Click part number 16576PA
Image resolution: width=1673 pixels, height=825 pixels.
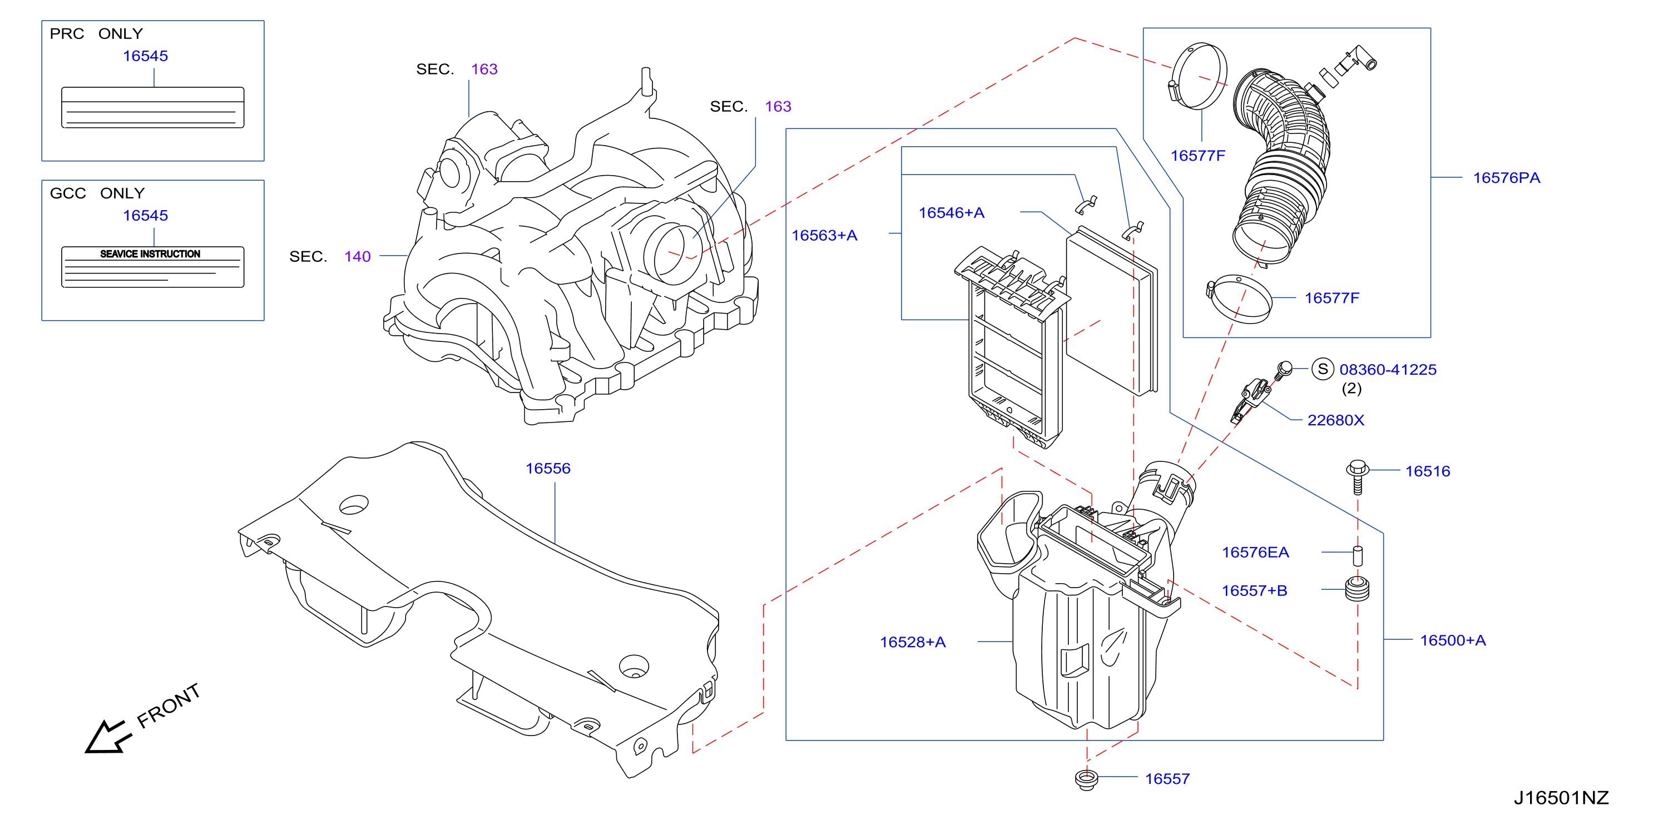(x=1506, y=178)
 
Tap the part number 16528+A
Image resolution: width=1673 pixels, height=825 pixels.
(x=913, y=642)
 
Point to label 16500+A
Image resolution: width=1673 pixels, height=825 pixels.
(x=1453, y=640)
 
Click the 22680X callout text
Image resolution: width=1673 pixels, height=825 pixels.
(x=1335, y=420)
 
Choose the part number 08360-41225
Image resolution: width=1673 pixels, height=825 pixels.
(x=1388, y=369)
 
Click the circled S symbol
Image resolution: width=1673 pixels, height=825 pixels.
(x=1323, y=369)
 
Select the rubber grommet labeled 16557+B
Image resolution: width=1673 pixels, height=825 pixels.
(x=1357, y=589)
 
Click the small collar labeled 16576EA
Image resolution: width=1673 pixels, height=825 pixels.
(x=1357, y=555)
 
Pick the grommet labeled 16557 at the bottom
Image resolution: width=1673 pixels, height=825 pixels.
(x=1086, y=779)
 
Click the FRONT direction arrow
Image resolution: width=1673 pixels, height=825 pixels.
(x=108, y=736)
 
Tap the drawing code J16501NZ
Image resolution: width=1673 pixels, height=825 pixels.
(x=1561, y=798)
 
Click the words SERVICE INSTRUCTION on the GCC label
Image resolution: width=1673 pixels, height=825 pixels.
(x=150, y=254)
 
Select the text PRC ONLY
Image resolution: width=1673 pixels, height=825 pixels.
(x=96, y=34)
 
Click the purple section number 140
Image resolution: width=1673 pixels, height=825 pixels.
(x=357, y=256)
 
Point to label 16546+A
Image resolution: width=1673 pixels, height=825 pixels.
(x=952, y=212)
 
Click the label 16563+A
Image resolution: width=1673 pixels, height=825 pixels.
(x=824, y=235)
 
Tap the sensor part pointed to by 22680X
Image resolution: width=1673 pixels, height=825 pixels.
(x=1250, y=399)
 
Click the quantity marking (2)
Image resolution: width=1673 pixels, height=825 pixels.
(x=1352, y=388)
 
